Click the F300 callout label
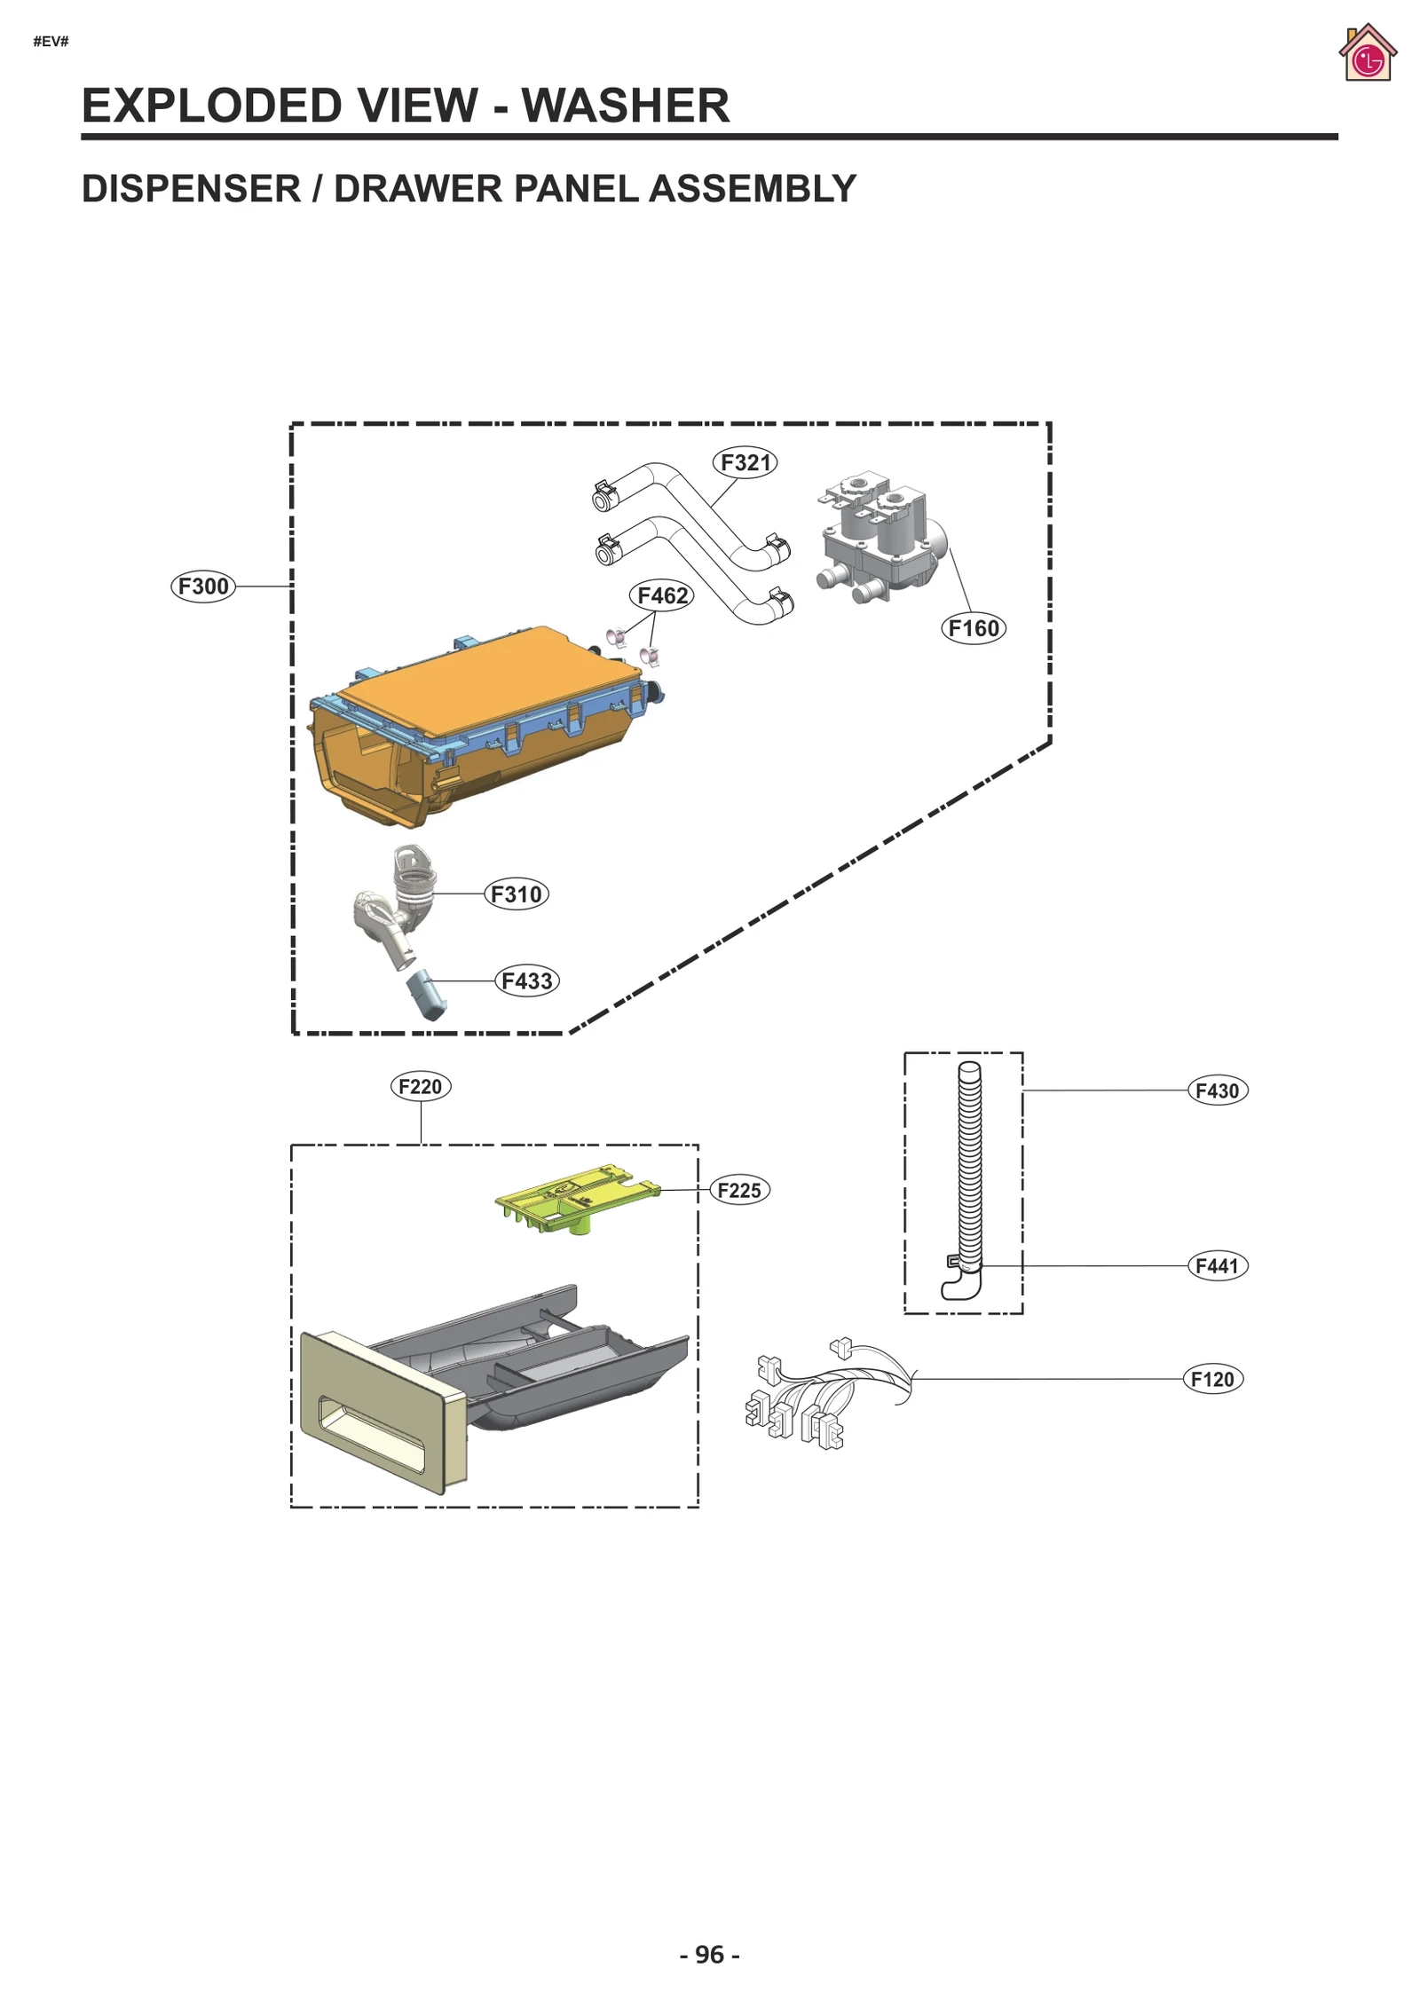(203, 587)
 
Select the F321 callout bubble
(745, 462)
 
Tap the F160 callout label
(973, 628)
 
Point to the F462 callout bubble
(662, 595)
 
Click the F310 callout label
(516, 894)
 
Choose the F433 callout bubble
(526, 980)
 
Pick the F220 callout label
(421, 1086)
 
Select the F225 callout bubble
(739, 1190)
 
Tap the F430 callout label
(1217, 1091)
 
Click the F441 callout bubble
(1217, 1265)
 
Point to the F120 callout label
(1212, 1379)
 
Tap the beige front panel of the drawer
(383, 1410)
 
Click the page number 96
(709, 1954)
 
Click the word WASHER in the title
(625, 106)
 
